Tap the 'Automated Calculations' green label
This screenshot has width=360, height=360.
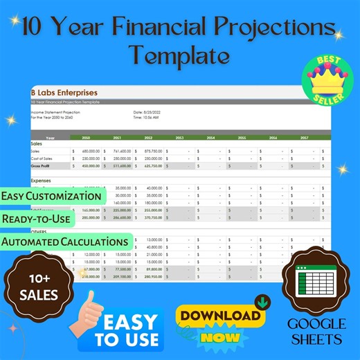coord(66,242)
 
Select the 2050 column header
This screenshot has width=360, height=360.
coord(86,138)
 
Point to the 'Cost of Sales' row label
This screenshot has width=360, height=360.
coord(42,157)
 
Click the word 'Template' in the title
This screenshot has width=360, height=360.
coord(180,53)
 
